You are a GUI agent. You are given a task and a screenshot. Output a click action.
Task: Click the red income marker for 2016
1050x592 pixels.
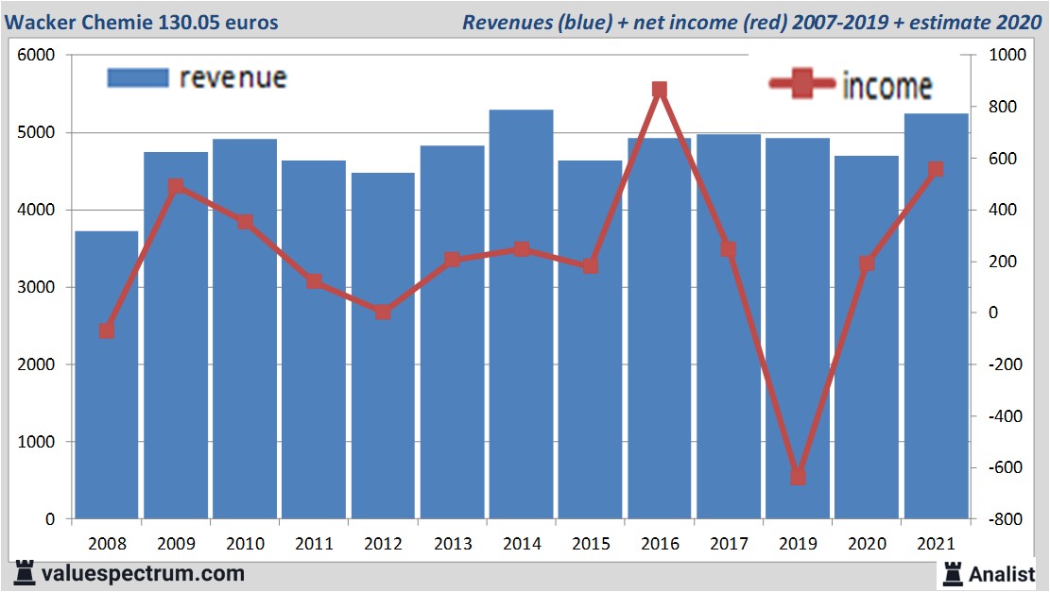[x=660, y=91]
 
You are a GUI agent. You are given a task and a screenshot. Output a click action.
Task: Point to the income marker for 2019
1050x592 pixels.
[x=798, y=477]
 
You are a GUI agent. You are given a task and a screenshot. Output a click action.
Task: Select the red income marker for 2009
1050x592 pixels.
[x=176, y=187]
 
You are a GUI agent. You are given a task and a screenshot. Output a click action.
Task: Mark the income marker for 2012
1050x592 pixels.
[x=383, y=312]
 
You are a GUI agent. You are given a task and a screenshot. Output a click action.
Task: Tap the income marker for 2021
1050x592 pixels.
[x=936, y=170]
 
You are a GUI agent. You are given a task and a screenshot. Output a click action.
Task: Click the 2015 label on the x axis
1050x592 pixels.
[x=591, y=544]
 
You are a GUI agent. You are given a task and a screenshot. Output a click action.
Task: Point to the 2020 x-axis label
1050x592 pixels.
[x=867, y=544]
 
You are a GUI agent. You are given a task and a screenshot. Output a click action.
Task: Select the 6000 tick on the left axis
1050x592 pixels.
[x=37, y=56]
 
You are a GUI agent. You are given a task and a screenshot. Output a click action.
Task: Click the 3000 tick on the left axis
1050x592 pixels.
[x=37, y=287]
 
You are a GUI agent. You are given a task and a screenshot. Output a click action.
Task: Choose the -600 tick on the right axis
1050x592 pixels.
[x=1004, y=467]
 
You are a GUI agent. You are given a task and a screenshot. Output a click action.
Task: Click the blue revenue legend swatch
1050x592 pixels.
[x=138, y=77]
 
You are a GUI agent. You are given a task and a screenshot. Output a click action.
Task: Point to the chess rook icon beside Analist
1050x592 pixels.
[x=952, y=573]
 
